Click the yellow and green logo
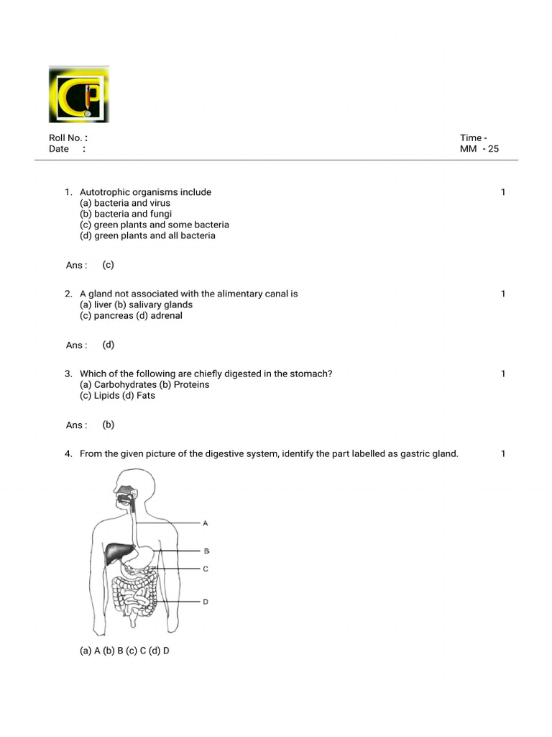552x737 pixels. coord(79,94)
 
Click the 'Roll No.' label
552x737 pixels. coord(65,138)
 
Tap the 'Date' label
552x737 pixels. coord(59,149)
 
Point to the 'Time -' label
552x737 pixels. coord(474,138)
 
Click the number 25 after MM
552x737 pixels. coord(493,149)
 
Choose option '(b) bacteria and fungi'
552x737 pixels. coord(126,214)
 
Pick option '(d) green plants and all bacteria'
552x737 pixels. coord(147,235)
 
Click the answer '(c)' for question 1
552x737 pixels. coord(108,265)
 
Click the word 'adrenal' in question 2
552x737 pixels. coord(166,315)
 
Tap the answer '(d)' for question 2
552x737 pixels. coord(108,345)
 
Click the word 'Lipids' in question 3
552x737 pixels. coord(108,395)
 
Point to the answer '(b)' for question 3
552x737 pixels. coord(108,425)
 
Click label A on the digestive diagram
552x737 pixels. coord(206,523)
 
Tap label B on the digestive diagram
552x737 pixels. coord(206,551)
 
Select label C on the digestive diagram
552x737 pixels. coord(206,569)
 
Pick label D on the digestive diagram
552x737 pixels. coord(206,601)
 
